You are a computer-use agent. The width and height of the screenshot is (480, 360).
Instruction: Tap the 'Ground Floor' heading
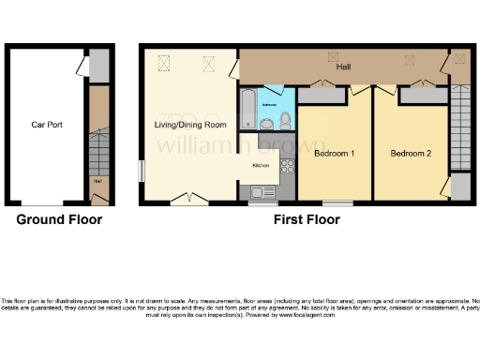pyautogui.click(x=59, y=220)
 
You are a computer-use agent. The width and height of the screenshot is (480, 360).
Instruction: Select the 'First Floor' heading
pyautogui.click(x=306, y=220)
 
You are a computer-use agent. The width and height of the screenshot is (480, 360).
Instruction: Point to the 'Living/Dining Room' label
pyautogui.click(x=190, y=124)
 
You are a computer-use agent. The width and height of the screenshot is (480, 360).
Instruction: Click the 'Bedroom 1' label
pyautogui.click(x=334, y=153)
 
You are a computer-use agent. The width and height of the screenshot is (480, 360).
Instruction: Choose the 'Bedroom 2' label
pyautogui.click(x=411, y=153)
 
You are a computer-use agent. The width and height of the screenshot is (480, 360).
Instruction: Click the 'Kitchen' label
pyautogui.click(x=261, y=166)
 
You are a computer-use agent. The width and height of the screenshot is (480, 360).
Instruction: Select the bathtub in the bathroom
pyautogui.click(x=247, y=109)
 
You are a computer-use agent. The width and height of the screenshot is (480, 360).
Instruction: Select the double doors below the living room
pyautogui.click(x=188, y=198)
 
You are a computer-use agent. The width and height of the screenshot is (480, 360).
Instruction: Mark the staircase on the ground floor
pyautogui.click(x=97, y=150)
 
